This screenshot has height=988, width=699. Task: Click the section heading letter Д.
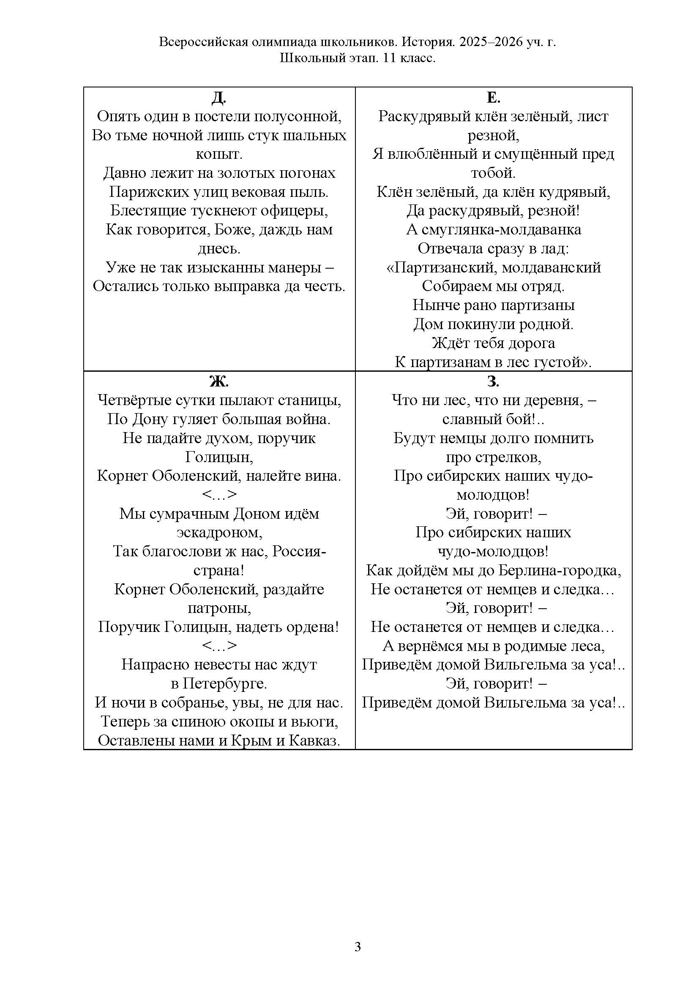(218, 98)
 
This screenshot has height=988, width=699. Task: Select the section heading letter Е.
(493, 98)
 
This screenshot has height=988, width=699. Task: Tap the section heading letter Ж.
(218, 381)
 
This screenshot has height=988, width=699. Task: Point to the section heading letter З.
(493, 381)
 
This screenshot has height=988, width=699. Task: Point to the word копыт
(218, 154)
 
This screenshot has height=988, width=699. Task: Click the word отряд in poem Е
(545, 286)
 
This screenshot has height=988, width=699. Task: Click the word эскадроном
(219, 533)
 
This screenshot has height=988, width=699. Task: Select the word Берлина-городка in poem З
(560, 571)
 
